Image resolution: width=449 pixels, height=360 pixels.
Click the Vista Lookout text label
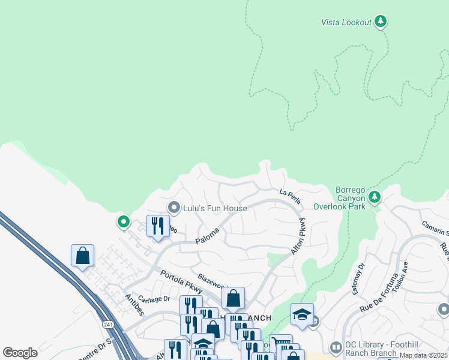pos(346,22)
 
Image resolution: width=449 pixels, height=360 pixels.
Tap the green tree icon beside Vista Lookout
pos(380,21)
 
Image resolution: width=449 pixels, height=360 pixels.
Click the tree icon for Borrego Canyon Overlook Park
pos(375,196)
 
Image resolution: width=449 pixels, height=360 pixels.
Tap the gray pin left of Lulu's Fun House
pos(174,208)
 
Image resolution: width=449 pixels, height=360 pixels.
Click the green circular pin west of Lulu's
pos(123,222)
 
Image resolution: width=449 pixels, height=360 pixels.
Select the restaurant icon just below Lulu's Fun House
pos(158,226)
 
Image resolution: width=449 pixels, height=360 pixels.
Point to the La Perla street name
pos(289,195)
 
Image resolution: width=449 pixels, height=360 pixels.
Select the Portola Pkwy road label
pos(181,281)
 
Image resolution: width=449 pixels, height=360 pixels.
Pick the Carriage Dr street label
pos(154,298)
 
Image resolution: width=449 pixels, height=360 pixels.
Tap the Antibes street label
pos(135,303)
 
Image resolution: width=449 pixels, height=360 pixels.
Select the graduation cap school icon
pos(302,314)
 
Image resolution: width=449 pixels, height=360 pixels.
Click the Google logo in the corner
pos(20,353)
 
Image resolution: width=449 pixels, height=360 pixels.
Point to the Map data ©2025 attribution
pos(423,355)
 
